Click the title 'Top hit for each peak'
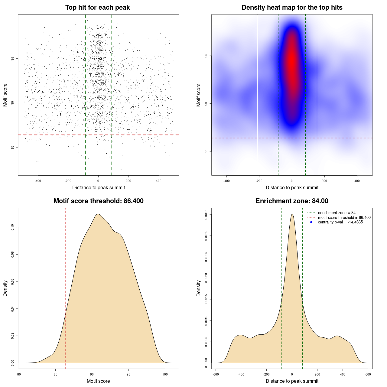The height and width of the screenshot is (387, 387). click(97, 8)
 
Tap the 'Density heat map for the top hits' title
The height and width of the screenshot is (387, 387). click(292, 8)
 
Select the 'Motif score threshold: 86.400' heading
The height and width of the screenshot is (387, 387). click(98, 201)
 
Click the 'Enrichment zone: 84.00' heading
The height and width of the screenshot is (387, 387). click(292, 201)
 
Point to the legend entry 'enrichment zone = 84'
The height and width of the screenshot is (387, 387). click(337, 213)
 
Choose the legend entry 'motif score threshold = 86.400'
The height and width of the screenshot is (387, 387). click(344, 217)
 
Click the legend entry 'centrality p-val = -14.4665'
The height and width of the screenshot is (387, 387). click(340, 222)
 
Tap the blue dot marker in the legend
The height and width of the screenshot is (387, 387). click(311, 222)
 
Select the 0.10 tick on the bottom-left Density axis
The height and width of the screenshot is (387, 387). click(13, 227)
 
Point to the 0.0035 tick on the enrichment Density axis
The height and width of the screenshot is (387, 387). click(206, 215)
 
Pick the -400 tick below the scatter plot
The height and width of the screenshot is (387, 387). click(38, 181)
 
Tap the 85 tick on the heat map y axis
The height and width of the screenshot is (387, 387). click(206, 151)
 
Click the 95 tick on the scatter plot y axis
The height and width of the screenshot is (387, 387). click(13, 59)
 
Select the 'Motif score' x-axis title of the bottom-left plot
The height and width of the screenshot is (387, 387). click(98, 381)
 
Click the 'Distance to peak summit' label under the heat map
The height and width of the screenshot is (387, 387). click(292, 188)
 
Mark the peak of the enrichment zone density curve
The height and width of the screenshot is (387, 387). click(292, 214)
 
